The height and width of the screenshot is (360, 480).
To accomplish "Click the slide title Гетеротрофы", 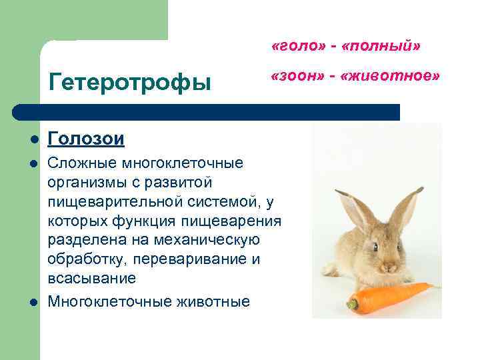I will [x=130, y=83].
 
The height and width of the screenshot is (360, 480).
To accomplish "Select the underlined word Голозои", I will [x=86, y=138].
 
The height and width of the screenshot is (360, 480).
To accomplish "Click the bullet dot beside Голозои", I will [x=33, y=139].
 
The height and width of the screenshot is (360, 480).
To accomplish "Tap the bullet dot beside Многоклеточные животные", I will [x=33, y=302].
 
